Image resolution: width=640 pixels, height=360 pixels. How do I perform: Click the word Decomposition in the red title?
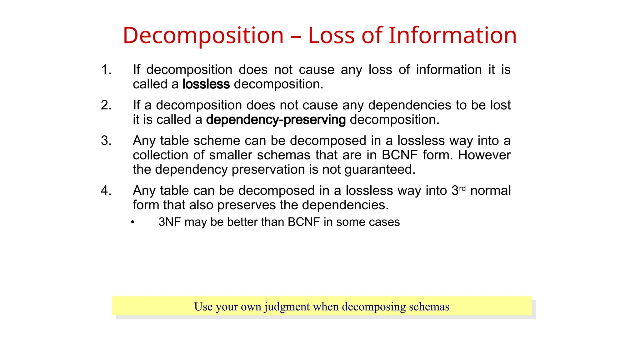point(203,35)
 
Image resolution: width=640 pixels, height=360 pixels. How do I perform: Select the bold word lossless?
point(206,84)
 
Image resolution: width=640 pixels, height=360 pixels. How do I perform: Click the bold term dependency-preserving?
point(276,120)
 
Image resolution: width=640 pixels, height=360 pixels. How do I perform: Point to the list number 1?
point(106,70)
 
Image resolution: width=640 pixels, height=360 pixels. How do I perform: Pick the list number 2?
point(106,105)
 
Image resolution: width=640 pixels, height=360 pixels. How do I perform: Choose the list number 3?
point(106,141)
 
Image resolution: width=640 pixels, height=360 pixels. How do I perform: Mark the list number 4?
point(106,191)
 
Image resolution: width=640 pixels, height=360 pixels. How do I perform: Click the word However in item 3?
point(484,155)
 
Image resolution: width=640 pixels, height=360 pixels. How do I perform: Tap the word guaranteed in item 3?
point(380,170)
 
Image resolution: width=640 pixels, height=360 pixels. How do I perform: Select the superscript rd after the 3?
point(462,188)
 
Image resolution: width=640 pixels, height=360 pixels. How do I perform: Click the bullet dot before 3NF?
point(132,222)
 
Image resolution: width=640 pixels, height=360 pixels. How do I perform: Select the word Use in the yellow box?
point(203,307)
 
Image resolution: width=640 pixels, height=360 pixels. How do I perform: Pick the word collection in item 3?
point(161,155)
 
